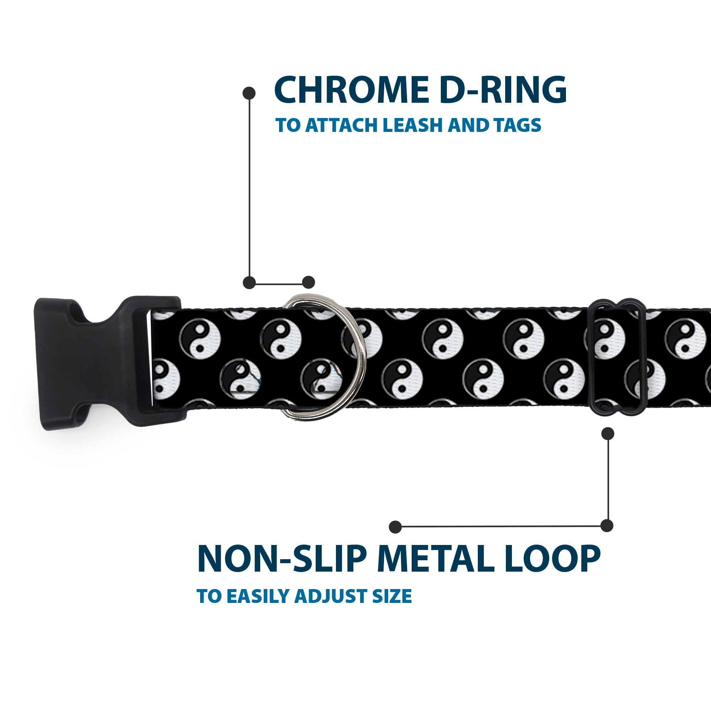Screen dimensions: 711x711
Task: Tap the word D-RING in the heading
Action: coord(503,90)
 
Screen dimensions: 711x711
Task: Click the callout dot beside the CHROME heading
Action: coord(249,93)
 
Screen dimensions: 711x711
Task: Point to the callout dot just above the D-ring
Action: coord(308,283)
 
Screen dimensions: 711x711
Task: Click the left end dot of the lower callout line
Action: coord(395,526)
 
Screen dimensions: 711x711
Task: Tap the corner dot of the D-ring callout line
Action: coord(249,283)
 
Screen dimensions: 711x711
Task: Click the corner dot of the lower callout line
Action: coord(607,526)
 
